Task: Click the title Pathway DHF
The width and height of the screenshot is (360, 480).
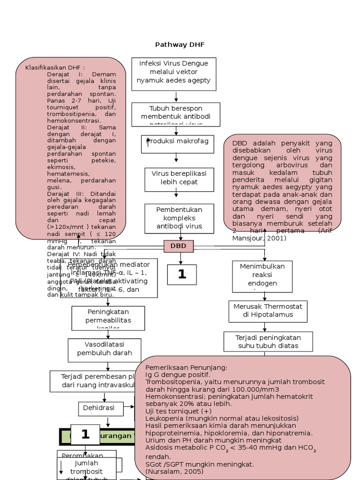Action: click(180, 45)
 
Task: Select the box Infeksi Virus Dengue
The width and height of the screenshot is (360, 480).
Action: click(173, 72)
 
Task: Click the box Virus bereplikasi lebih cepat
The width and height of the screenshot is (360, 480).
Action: click(175, 178)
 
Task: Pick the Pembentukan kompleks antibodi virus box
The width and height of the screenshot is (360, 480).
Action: click(180, 218)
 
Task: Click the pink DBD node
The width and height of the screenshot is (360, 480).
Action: click(178, 246)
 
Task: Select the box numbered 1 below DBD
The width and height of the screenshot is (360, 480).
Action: click(181, 274)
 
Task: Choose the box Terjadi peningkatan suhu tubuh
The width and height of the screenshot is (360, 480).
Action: click(269, 342)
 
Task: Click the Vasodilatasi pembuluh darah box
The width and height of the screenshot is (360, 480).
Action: click(105, 349)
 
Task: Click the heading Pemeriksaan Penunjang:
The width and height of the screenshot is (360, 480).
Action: click(186, 367)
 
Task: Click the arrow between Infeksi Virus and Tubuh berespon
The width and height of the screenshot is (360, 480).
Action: click(176, 97)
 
